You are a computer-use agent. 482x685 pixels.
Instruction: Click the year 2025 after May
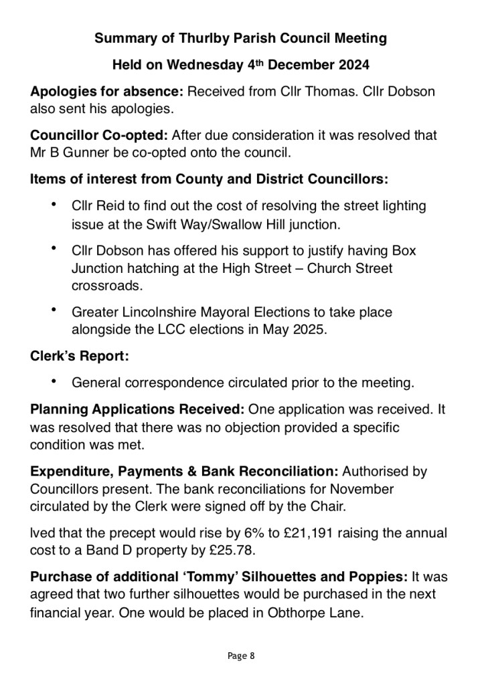click(x=310, y=330)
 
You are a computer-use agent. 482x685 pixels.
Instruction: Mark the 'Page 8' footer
click(x=241, y=656)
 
